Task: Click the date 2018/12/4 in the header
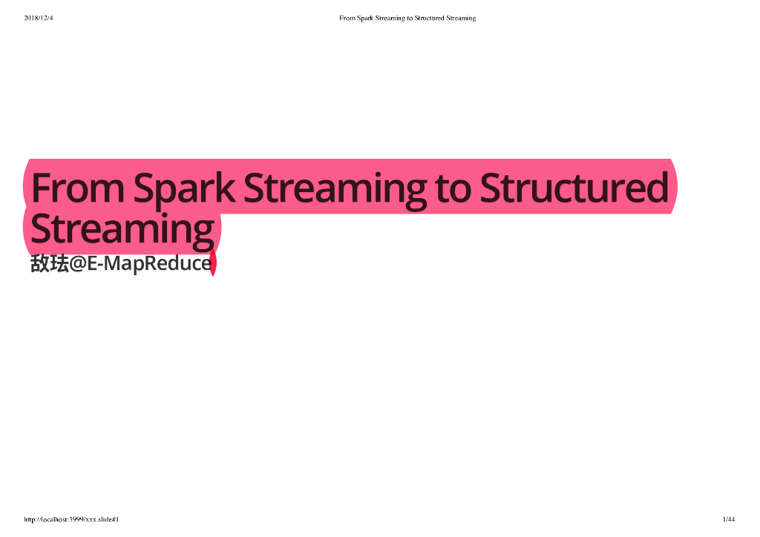point(39,18)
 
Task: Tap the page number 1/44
point(728,519)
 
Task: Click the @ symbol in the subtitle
point(78,263)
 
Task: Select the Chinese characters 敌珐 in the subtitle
point(50,263)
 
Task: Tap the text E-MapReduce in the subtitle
point(148,263)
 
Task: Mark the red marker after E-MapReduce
point(213,263)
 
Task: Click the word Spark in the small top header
point(365,18)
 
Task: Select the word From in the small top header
point(347,18)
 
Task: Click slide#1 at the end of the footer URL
point(108,519)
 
